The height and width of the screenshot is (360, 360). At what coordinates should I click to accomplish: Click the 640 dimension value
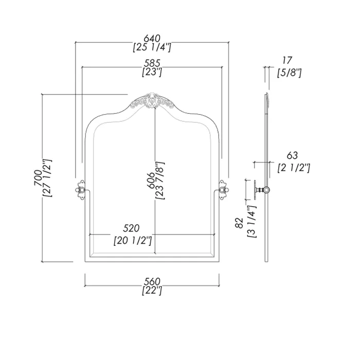tap(152, 38)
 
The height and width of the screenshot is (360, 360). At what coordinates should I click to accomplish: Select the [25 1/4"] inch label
tap(152, 47)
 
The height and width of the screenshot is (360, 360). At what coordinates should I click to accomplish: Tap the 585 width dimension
tap(152, 63)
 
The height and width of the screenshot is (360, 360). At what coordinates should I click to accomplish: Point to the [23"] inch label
tap(152, 73)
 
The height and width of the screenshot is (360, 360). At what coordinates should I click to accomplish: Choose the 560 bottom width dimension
tap(152, 281)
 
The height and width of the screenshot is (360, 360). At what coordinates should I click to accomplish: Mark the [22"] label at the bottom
tap(152, 291)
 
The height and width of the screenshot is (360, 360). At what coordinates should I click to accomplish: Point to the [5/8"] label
tap(289, 73)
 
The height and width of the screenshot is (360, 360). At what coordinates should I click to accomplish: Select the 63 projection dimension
tap(292, 155)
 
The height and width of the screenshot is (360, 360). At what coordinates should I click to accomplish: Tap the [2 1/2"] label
tap(293, 167)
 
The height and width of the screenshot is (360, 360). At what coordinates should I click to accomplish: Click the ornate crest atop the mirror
tap(152, 101)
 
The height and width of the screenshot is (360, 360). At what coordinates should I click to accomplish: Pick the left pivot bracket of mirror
tap(80, 189)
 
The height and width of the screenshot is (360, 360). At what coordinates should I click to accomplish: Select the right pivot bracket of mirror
tap(224, 189)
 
